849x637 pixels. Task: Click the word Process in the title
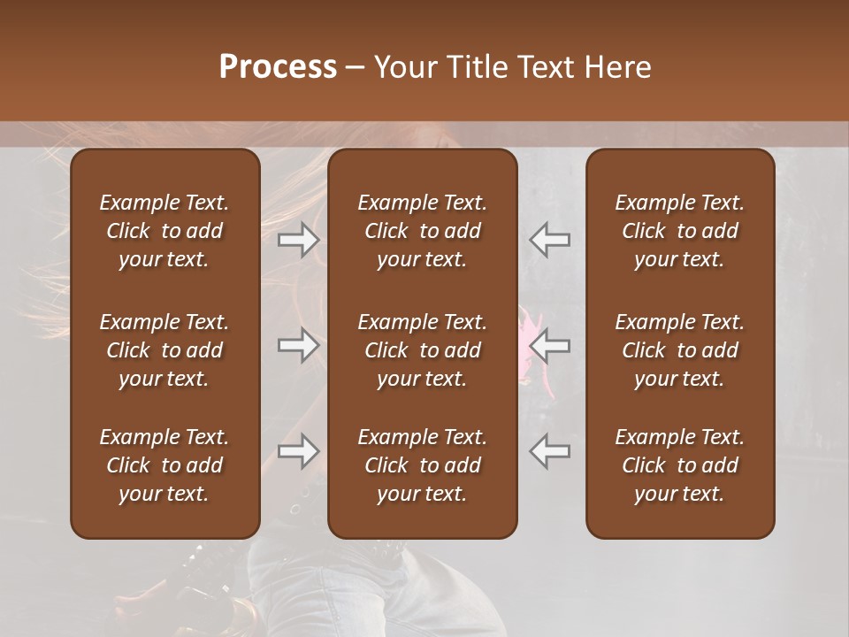pyautogui.click(x=278, y=67)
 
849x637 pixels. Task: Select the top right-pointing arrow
pyautogui.click(x=299, y=239)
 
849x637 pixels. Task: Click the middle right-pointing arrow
pyautogui.click(x=299, y=345)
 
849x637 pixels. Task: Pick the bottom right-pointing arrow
pyautogui.click(x=299, y=451)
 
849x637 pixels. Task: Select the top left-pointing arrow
pyautogui.click(x=550, y=239)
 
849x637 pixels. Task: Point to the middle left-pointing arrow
pyautogui.click(x=550, y=345)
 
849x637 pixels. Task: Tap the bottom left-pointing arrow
pyautogui.click(x=550, y=451)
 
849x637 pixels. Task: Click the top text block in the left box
pyautogui.click(x=164, y=231)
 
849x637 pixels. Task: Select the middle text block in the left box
pyautogui.click(x=164, y=350)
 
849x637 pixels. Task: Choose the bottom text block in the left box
pyautogui.click(x=164, y=465)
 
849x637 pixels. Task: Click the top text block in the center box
pyautogui.click(x=423, y=231)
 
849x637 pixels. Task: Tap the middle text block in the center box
pyautogui.click(x=423, y=350)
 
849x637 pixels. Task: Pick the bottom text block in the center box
pyautogui.click(x=423, y=465)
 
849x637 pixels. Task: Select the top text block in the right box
pyautogui.click(x=680, y=231)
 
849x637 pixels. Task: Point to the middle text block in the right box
pyautogui.click(x=680, y=350)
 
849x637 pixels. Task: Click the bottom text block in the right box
pyautogui.click(x=680, y=465)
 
